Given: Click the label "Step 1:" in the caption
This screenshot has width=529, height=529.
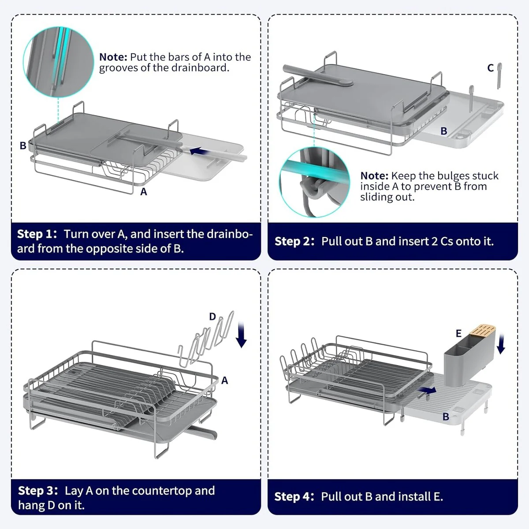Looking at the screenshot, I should [37, 234].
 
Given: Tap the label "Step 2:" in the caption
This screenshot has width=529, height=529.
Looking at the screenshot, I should [294, 241].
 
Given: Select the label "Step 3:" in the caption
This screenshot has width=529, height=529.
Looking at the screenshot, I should [38, 491].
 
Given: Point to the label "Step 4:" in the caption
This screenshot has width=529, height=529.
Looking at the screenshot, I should [294, 496].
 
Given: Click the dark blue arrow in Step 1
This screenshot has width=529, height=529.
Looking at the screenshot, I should [199, 151].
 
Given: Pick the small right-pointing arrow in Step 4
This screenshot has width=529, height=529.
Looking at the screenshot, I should [428, 390].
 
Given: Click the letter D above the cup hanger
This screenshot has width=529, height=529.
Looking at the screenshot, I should [212, 317].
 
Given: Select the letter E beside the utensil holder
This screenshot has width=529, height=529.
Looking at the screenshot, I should [458, 334].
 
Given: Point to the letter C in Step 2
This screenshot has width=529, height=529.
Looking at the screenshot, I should [490, 68].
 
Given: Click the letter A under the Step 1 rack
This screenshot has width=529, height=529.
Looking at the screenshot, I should [143, 192].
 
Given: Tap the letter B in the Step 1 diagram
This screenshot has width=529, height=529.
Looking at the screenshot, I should [22, 145].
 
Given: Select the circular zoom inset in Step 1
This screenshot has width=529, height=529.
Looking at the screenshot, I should [58, 62].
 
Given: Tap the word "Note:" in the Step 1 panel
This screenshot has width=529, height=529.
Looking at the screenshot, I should [113, 57].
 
